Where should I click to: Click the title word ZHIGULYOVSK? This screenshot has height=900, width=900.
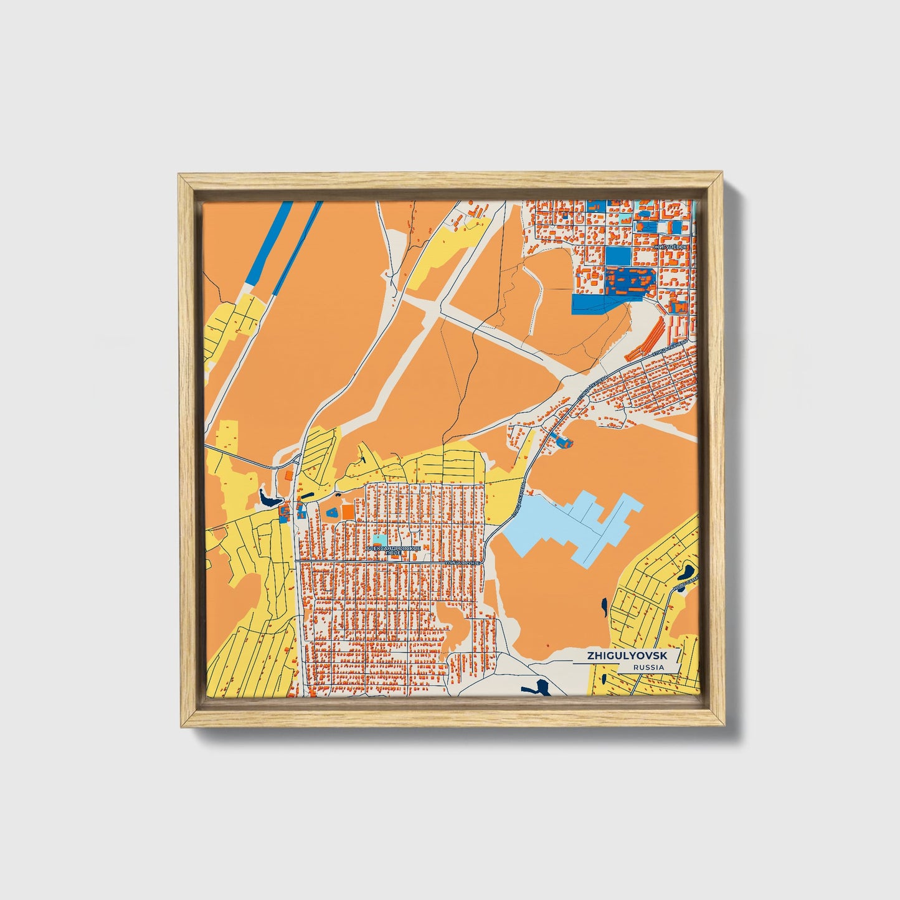(x=624, y=656)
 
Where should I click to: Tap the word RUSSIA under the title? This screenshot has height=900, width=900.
(x=648, y=667)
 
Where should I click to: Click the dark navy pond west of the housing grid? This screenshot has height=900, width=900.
(x=269, y=499)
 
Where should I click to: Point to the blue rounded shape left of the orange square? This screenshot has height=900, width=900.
(x=332, y=512)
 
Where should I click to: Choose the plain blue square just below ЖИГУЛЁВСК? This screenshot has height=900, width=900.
(x=617, y=256)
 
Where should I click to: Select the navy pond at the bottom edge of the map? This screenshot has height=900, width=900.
(x=537, y=688)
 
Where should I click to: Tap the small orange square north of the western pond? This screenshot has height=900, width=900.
(x=288, y=475)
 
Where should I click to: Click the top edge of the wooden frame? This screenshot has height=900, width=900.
(x=450, y=181)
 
